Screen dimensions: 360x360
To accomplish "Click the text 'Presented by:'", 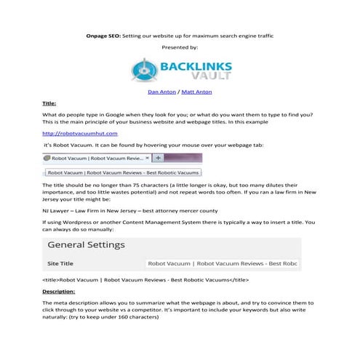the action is [180, 47].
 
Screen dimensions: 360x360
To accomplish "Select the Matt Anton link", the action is [197, 92].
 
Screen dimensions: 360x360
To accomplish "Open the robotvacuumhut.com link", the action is [79, 134].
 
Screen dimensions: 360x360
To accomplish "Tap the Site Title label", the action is [60, 263].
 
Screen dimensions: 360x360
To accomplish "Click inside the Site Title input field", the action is [223, 263].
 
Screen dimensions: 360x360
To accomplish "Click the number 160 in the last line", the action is [171, 318].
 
